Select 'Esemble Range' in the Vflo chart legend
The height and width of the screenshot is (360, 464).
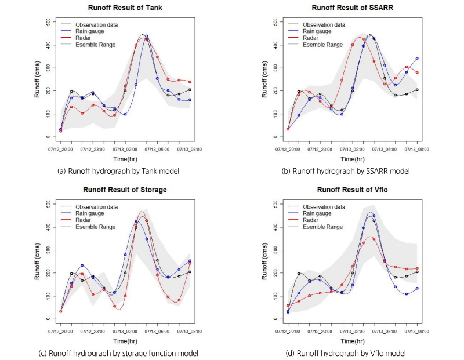[322, 226]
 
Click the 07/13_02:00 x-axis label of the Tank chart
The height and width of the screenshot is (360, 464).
[125, 149]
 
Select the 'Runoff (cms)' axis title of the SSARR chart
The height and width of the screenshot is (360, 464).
[264, 79]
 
